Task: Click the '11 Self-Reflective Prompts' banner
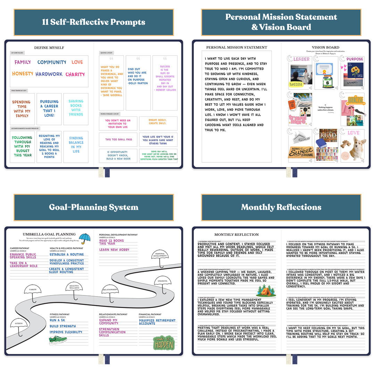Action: tap(93, 22)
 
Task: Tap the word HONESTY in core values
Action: tap(23, 74)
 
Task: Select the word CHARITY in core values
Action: tap(75, 74)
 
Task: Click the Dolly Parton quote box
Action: tap(138, 83)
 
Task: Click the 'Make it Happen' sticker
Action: tap(164, 342)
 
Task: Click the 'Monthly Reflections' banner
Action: tap(281, 207)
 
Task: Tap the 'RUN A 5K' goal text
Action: tap(57, 320)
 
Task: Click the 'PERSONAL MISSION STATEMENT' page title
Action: tap(236, 47)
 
